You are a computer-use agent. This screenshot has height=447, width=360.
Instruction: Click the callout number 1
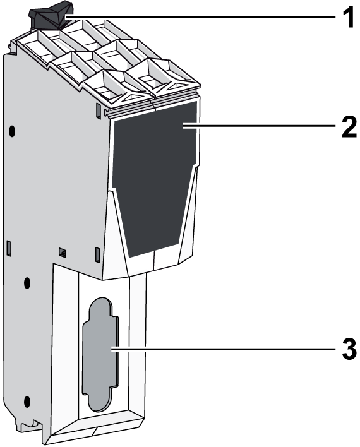click(x=348, y=17)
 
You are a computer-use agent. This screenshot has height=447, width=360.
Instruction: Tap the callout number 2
click(x=349, y=127)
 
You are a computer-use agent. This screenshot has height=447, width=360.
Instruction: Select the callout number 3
click(x=349, y=349)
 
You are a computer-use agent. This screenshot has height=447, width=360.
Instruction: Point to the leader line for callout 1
click(x=200, y=17)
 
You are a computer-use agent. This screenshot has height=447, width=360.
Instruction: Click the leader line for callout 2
click(x=259, y=126)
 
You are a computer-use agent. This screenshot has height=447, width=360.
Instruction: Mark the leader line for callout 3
click(x=224, y=349)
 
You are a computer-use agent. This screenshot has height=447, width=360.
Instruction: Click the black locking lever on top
click(x=49, y=18)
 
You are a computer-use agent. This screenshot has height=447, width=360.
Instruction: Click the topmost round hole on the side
click(x=12, y=131)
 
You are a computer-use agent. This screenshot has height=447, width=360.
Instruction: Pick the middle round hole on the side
click(x=27, y=283)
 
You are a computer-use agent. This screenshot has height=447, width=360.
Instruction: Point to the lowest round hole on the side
click(x=27, y=402)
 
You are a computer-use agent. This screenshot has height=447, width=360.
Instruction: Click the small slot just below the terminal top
click(x=98, y=111)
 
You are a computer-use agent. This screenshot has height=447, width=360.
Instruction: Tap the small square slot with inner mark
click(x=62, y=252)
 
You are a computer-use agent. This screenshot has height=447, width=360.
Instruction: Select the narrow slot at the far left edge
click(x=9, y=248)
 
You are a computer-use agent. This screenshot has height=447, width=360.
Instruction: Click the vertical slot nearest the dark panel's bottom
click(x=97, y=254)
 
